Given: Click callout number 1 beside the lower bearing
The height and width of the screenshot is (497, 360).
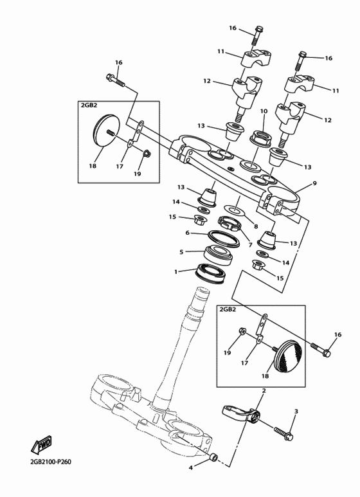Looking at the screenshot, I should tap(175, 272).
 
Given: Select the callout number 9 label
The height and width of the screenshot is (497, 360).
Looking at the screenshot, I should tap(314, 183).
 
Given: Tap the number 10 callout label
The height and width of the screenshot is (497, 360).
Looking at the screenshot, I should tap(264, 111).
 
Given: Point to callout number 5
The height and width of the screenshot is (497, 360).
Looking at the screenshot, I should tap(182, 252).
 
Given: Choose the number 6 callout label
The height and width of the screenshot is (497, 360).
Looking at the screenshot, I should tap(187, 233).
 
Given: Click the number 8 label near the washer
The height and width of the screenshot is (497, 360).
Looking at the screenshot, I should tap(255, 226).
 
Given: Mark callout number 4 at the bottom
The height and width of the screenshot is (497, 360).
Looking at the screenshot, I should tap(191, 467).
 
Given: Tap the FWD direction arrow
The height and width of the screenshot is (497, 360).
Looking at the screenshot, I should tap(40, 444).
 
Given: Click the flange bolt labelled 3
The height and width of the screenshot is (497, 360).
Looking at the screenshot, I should tap(283, 433).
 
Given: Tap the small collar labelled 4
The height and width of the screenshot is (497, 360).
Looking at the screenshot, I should tap(214, 458).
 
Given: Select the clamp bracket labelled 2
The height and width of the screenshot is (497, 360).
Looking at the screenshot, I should tap(242, 413).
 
